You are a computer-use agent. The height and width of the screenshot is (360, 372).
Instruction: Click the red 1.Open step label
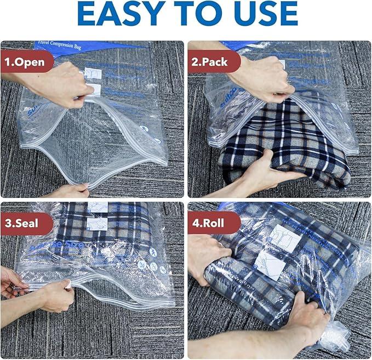pyautogui.click(x=26, y=61)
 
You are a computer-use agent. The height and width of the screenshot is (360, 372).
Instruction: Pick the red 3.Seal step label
pyautogui.click(x=25, y=224)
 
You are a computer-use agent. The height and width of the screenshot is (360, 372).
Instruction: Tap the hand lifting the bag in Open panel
pyautogui.click(x=60, y=85)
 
